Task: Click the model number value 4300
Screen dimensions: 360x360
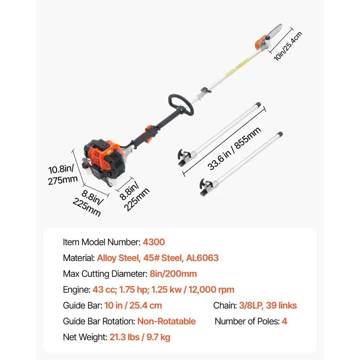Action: (x=154, y=242)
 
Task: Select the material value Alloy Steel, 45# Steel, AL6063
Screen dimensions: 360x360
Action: (x=157, y=258)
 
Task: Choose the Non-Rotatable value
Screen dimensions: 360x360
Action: (x=166, y=321)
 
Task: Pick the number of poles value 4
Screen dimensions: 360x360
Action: (x=284, y=321)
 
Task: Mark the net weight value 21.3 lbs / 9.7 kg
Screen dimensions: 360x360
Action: (x=139, y=337)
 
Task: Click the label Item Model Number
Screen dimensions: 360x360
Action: (x=101, y=242)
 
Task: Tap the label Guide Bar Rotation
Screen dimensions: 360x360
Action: (x=99, y=321)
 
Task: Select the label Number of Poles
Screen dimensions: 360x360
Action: (x=246, y=321)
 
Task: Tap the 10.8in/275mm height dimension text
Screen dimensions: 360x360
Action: (x=63, y=175)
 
